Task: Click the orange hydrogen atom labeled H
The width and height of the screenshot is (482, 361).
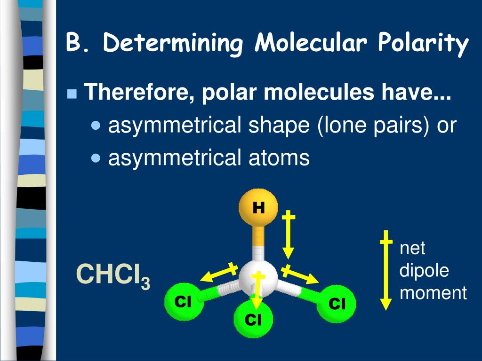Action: click(x=258, y=207)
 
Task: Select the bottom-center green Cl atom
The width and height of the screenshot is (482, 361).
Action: click(x=253, y=320)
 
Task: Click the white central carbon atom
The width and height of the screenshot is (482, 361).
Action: click(x=257, y=279)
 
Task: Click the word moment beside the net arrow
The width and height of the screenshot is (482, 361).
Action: click(x=433, y=293)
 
